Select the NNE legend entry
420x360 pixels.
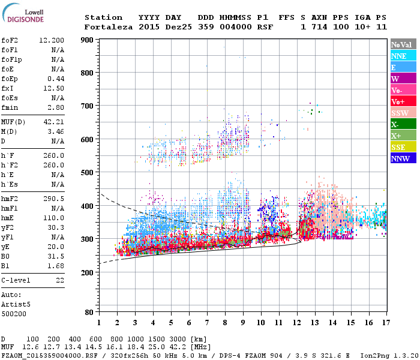403,56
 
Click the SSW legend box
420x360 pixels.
403,113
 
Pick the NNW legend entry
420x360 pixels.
403,158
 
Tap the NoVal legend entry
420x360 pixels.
403,44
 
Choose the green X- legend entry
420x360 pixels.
403,124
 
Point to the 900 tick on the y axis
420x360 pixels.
88,40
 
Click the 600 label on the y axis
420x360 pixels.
88,139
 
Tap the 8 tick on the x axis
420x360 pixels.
225,322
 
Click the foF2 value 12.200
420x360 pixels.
52,40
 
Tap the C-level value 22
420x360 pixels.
59,280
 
